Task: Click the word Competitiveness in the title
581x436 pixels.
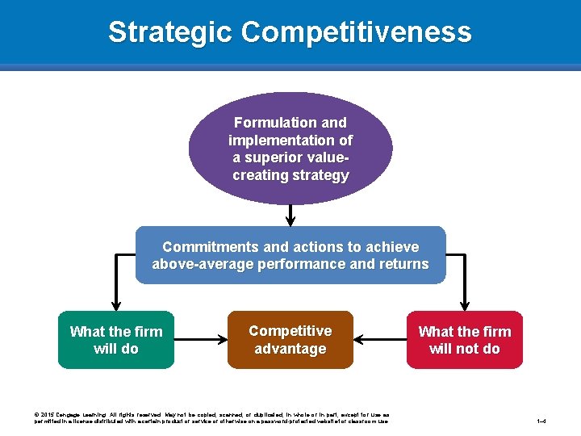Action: coord(356,32)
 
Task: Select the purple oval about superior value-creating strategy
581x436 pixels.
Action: coord(290,148)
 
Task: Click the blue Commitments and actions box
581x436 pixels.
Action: coord(290,255)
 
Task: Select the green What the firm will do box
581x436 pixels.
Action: coord(116,340)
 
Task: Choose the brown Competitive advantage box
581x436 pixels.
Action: coord(290,340)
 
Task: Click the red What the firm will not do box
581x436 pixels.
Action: coord(465,340)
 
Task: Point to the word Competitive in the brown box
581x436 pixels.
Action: coord(290,331)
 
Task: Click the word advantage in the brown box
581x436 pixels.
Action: coord(290,349)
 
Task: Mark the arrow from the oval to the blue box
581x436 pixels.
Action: coord(290,214)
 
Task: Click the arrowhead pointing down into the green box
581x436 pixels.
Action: coord(116,304)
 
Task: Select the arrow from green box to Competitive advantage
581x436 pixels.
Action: coord(201,340)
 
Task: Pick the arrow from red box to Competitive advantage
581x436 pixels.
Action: coord(379,340)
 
